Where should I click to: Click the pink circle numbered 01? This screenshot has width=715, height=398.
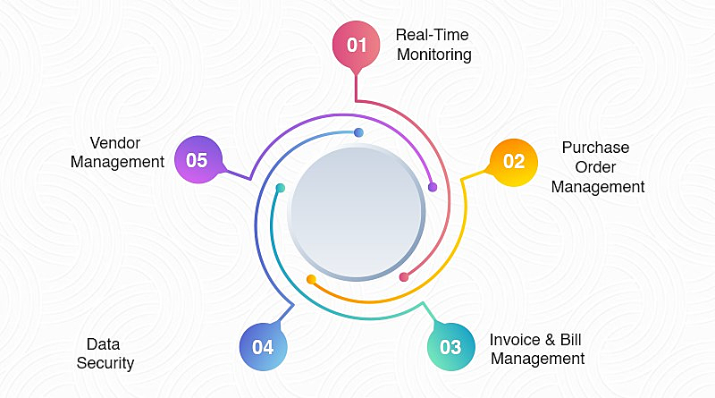pyautogui.click(x=356, y=45)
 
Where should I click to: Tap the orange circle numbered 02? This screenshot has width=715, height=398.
pyautogui.click(x=514, y=163)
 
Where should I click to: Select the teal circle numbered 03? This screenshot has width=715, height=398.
pyautogui.click(x=451, y=347)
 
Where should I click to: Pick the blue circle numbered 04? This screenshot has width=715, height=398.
pyautogui.click(x=263, y=347)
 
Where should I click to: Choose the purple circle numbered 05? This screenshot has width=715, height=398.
pyautogui.click(x=198, y=160)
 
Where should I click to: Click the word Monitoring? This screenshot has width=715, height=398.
pyautogui.click(x=434, y=55)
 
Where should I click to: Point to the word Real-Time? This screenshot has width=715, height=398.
pyautogui.click(x=432, y=35)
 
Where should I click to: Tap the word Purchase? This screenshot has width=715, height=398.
pyautogui.click(x=595, y=148)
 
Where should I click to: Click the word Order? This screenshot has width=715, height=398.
pyautogui.click(x=595, y=167)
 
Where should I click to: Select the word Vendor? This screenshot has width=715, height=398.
pyautogui.click(x=115, y=143)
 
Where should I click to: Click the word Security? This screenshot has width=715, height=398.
pyautogui.click(x=105, y=363)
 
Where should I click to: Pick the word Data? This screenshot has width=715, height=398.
pyautogui.click(x=103, y=344)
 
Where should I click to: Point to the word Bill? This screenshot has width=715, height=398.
pyautogui.click(x=570, y=340)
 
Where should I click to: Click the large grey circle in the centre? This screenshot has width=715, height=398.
pyautogui.click(x=356, y=212)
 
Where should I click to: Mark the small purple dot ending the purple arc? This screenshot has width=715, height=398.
pyautogui.click(x=433, y=187)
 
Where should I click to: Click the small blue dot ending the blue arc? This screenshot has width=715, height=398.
pyautogui.click(x=359, y=132)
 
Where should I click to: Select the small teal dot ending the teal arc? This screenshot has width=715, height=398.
pyautogui.click(x=281, y=188)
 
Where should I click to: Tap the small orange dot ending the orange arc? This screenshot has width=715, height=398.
pyautogui.click(x=311, y=279)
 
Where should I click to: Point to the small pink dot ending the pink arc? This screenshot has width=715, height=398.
pyautogui.click(x=404, y=277)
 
